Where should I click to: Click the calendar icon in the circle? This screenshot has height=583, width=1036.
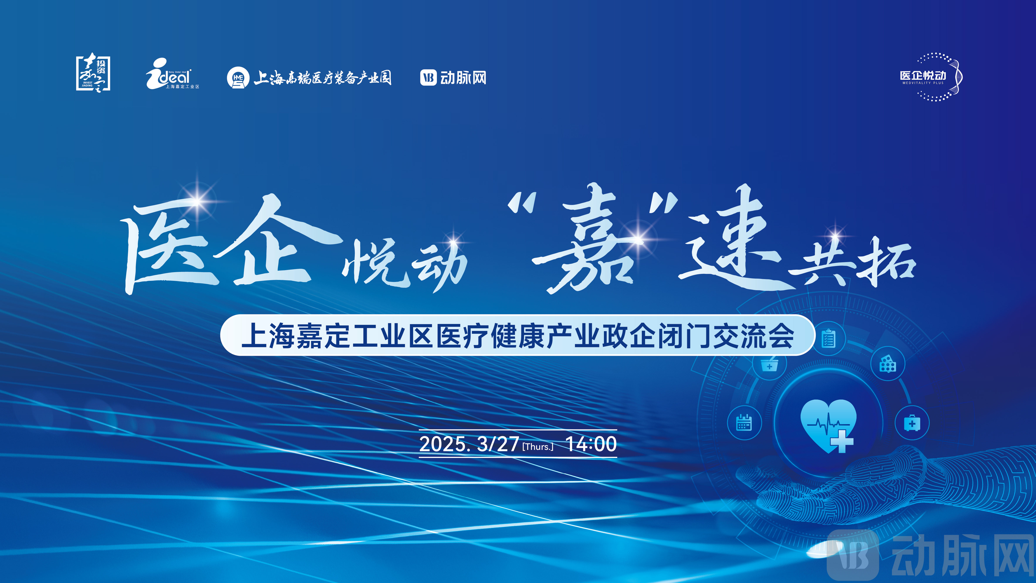(x=744, y=422)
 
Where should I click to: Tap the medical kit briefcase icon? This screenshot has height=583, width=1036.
(x=912, y=423)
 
